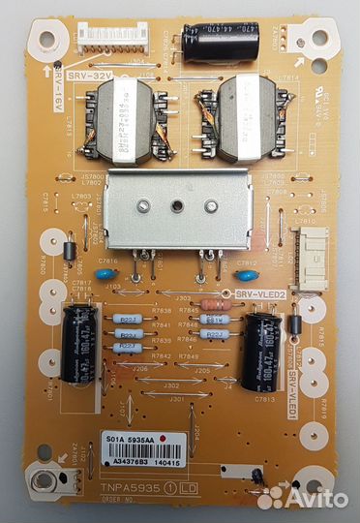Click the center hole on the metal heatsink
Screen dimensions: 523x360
(178, 205)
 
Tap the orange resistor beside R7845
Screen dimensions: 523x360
(216, 311)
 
